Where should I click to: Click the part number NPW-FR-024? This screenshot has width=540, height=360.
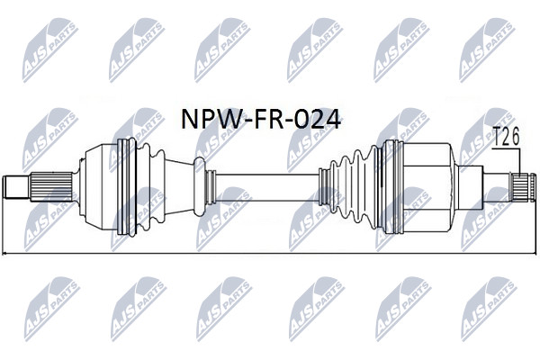coord(261,119)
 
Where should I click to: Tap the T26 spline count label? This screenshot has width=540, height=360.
coord(507,137)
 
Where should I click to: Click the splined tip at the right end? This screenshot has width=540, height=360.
coord(523,187)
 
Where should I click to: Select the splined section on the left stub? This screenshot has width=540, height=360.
coord(51,187)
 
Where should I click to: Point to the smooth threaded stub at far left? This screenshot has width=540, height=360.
coord(16,187)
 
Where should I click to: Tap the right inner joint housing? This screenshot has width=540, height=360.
coord(427,187)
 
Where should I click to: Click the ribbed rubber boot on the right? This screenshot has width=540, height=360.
coord(355,187)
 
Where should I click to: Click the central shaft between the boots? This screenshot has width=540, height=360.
coord(267,187)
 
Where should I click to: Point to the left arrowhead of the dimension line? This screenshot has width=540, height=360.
coord(4,254)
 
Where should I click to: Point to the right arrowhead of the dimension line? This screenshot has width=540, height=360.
coord(534,254)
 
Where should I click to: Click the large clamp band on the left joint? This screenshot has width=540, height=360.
coord(126,187)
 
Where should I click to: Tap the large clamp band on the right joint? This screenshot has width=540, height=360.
coord(392,187)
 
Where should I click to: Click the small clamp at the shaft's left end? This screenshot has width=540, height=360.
coord(210,187)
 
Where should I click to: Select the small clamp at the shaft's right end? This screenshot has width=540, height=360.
coord(324,187)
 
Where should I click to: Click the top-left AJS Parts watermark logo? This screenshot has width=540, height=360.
coord(50,50)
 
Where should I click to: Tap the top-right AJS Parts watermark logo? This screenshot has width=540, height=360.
coord(488,50)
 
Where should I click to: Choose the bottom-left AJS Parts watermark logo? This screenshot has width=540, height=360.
coord(51,309)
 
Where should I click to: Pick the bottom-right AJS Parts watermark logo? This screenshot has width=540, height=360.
coord(489,309)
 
